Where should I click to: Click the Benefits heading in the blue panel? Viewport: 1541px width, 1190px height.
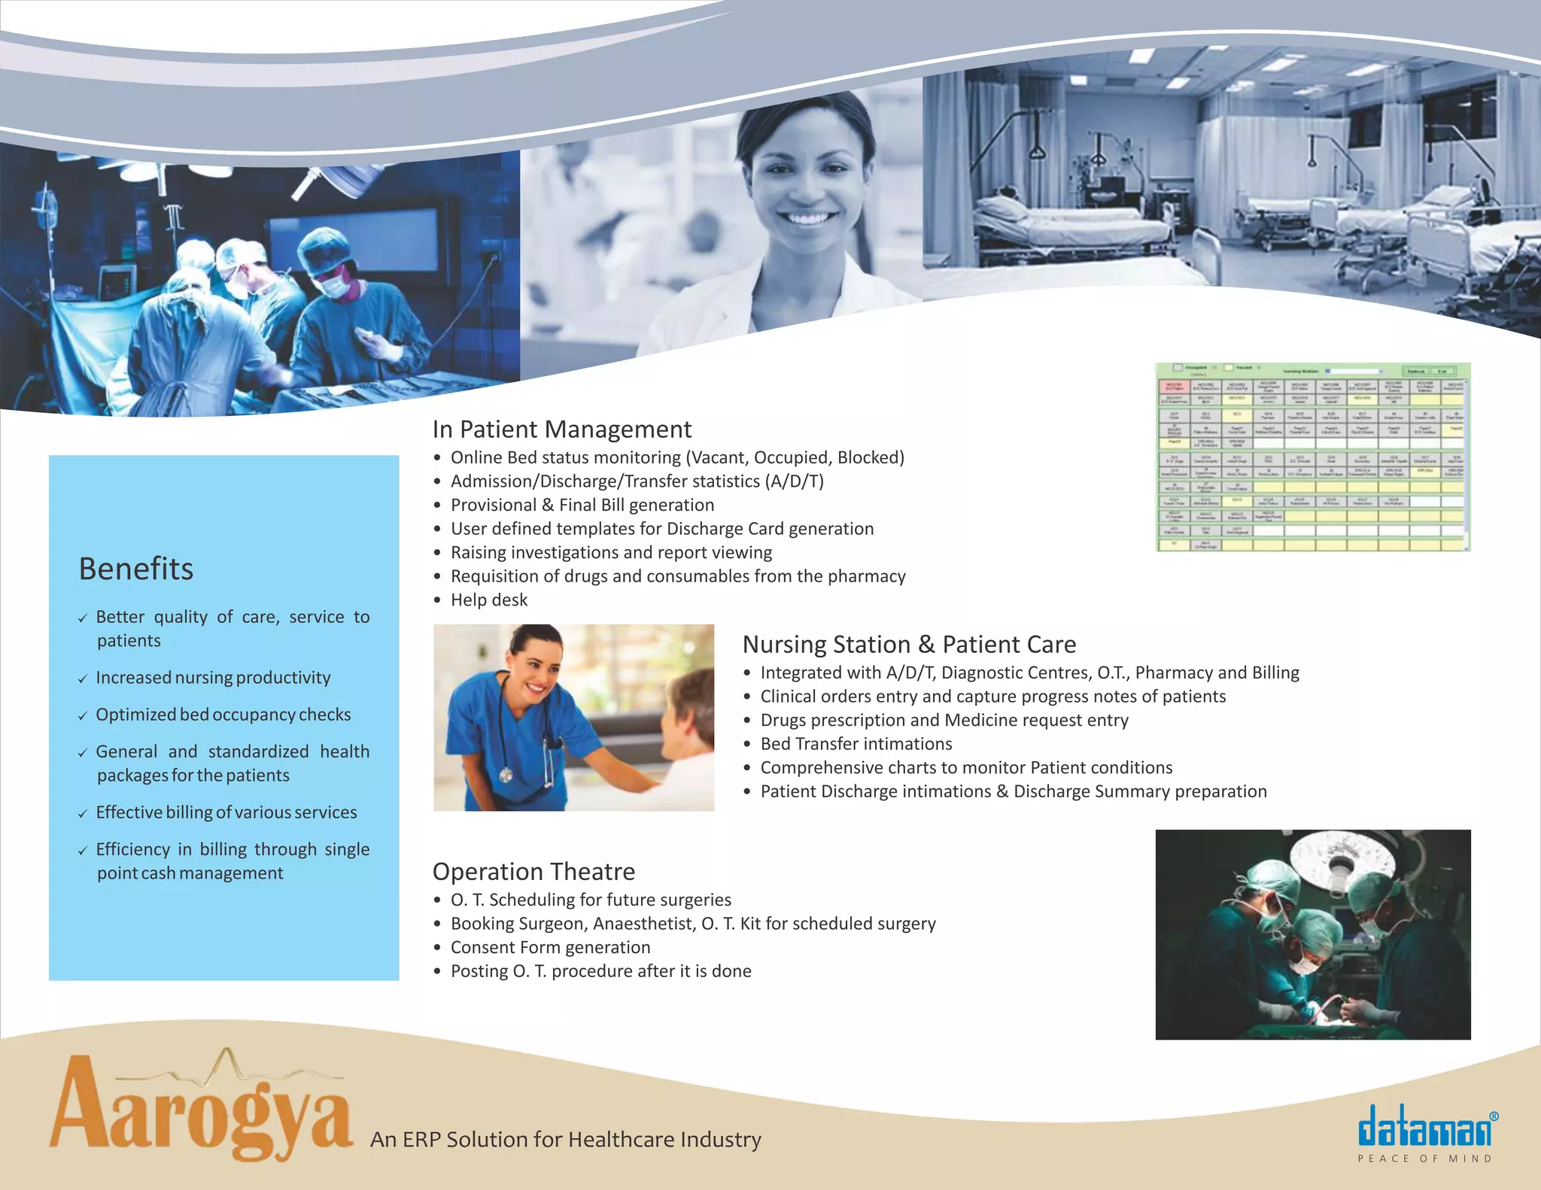click(136, 569)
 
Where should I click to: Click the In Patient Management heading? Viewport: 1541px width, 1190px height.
click(561, 430)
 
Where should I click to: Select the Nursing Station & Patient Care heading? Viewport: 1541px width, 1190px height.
click(908, 645)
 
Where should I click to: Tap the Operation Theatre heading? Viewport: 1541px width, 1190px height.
click(533, 872)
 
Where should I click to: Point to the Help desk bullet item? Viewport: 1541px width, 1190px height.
click(488, 600)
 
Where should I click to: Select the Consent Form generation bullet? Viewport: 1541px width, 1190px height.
click(550, 948)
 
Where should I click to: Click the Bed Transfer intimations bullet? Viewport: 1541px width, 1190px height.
click(856, 744)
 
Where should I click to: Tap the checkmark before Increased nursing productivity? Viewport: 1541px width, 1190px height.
click(83, 679)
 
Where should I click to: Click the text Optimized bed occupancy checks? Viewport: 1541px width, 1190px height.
click(223, 715)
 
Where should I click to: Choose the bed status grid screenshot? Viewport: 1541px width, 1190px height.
click(1312, 457)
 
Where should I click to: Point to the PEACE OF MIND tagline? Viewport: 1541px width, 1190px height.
click(1424, 1159)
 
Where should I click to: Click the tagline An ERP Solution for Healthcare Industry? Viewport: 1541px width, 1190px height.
click(565, 1140)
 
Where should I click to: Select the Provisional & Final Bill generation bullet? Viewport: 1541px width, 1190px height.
click(582, 505)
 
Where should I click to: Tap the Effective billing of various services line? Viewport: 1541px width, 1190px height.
click(226, 812)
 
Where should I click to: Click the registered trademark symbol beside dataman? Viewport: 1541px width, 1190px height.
click(1494, 1117)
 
